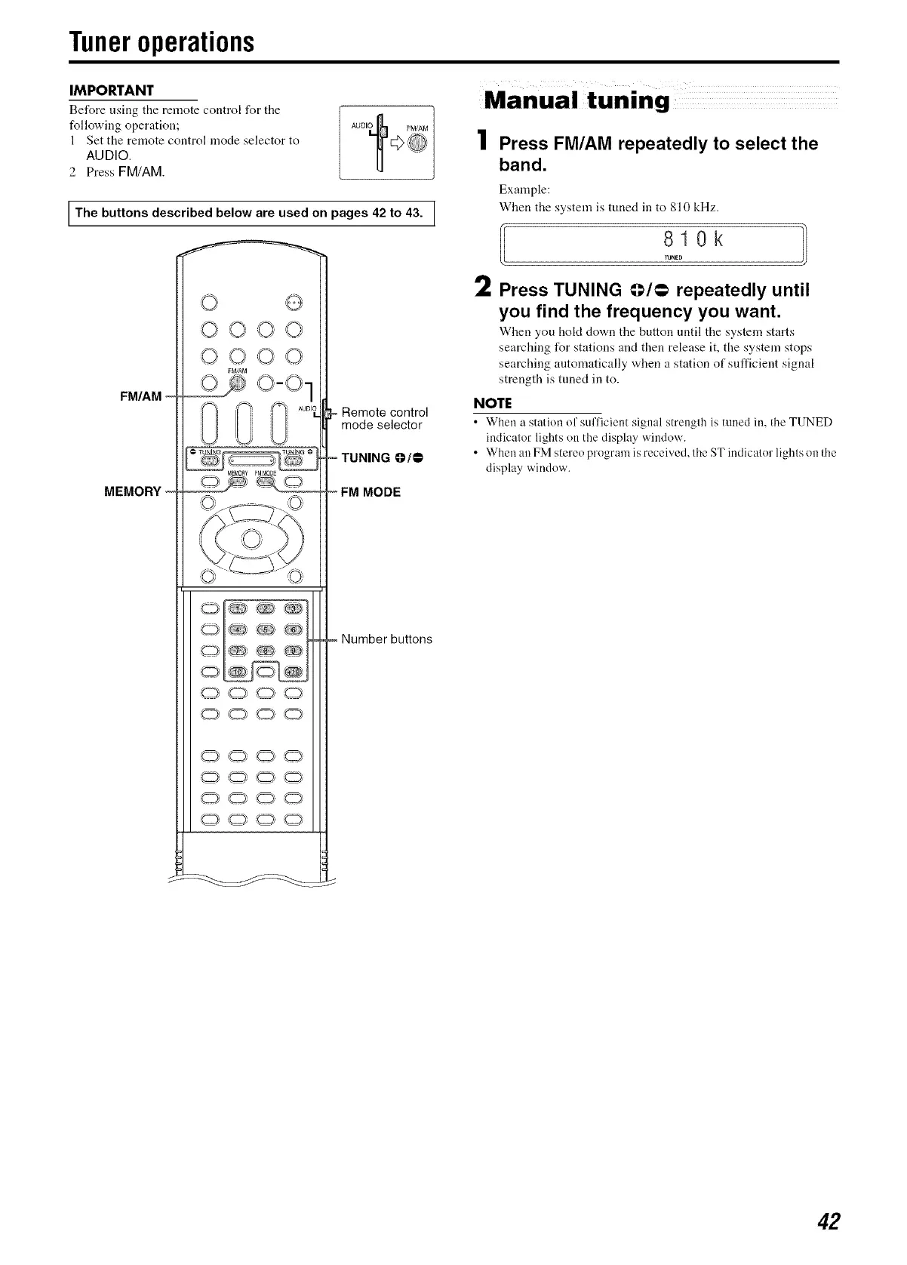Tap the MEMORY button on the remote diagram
(236, 484)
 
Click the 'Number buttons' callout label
(386, 639)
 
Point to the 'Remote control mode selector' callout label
(384, 419)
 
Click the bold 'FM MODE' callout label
(370, 493)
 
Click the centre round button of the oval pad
(251, 538)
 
